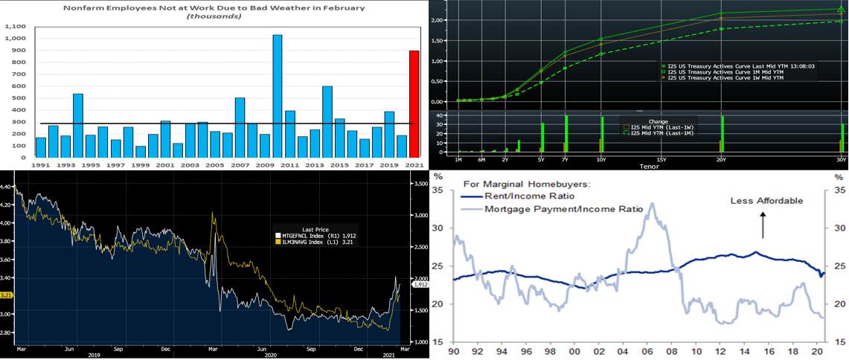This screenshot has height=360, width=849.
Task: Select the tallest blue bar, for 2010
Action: [278, 97]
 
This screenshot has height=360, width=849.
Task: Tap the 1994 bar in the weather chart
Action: [78, 126]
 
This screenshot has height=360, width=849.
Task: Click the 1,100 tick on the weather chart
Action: [15, 26]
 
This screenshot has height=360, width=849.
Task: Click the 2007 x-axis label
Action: [239, 164]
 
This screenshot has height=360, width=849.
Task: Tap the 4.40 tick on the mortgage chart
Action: [7, 187]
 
